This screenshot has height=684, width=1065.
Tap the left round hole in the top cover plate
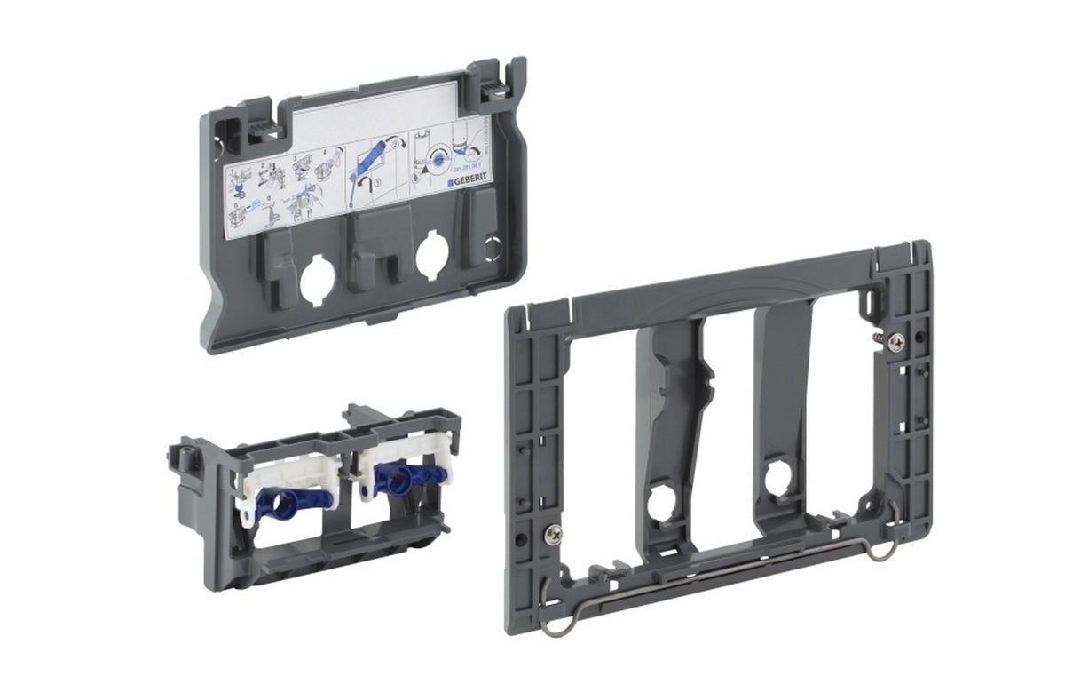point(314,283)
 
